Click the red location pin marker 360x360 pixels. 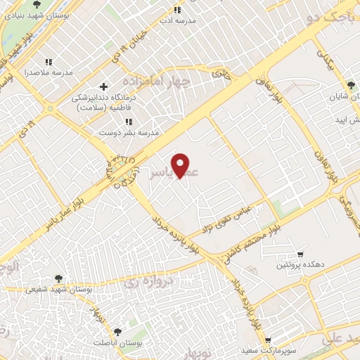(x=181, y=165)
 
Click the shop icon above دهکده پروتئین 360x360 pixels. (x=300, y=254)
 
